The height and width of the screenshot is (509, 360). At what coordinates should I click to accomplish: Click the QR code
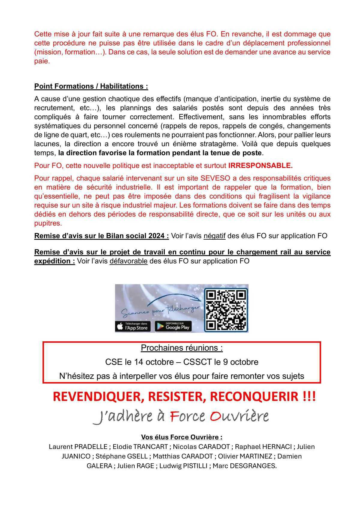226,310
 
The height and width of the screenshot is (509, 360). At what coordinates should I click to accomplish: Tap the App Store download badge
133,327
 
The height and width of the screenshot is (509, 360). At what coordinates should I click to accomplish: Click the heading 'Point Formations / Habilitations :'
91,86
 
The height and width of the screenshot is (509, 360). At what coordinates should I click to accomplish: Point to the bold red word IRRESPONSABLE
260,166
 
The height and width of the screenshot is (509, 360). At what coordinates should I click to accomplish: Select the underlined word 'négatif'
214,236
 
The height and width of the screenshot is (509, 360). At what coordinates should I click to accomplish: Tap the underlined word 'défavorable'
128,261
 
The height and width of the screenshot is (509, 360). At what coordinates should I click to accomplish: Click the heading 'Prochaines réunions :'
182,348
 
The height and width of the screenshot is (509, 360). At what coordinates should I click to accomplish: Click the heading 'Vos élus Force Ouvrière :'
182,437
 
